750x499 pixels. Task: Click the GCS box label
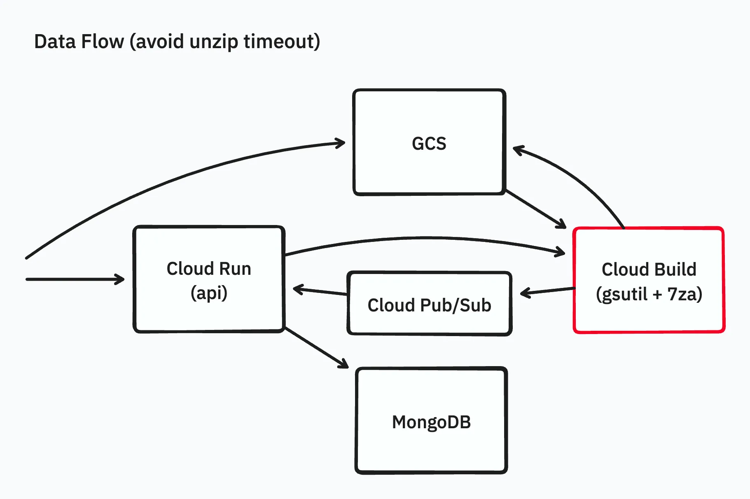(429, 144)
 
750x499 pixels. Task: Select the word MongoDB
(431, 422)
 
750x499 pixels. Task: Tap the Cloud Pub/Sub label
(429, 305)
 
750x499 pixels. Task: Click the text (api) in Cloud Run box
(209, 293)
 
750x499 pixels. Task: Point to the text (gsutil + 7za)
(649, 294)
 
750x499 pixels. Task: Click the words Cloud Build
(649, 269)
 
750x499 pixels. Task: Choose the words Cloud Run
(209, 269)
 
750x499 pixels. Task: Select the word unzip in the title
(214, 42)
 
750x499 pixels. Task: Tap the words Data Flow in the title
(79, 42)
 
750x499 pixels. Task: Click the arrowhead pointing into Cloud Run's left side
(121, 279)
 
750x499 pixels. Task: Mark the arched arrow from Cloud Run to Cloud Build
(424, 238)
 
